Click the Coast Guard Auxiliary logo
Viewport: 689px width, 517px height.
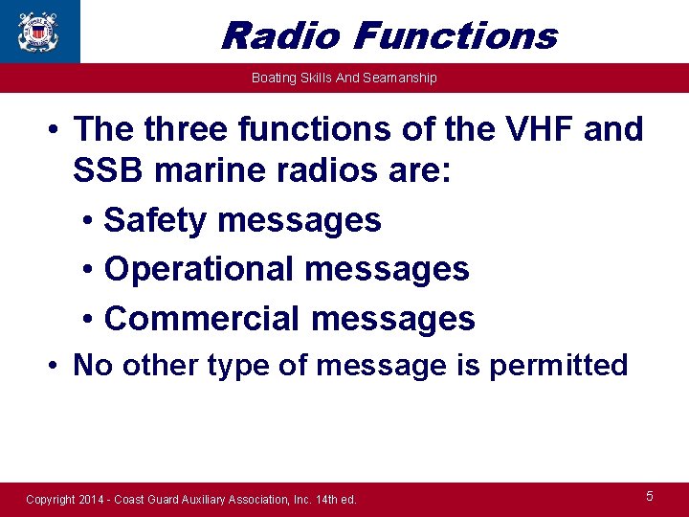(38, 30)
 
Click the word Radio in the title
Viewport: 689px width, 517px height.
(279, 35)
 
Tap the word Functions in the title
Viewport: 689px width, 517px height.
(455, 35)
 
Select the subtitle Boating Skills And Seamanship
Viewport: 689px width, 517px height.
(344, 78)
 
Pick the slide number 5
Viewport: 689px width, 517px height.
(650, 496)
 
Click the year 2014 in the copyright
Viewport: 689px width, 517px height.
(95, 499)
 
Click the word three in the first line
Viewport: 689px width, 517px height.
(187, 128)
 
